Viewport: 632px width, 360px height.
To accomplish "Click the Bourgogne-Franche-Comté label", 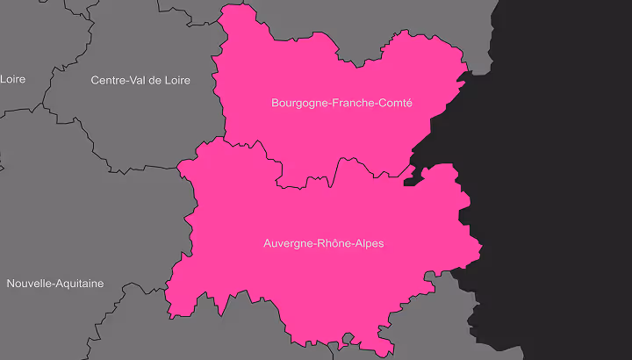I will click(341, 104).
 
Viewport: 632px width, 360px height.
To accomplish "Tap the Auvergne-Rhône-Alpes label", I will click(323, 243).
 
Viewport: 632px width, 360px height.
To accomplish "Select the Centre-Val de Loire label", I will click(140, 80).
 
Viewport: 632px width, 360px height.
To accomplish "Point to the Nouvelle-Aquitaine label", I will click(54, 284).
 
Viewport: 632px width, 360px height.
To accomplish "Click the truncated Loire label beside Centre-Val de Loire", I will click(12, 79).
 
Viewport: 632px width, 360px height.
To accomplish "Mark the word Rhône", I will click(332, 243).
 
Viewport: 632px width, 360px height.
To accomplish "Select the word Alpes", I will click(369, 243).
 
